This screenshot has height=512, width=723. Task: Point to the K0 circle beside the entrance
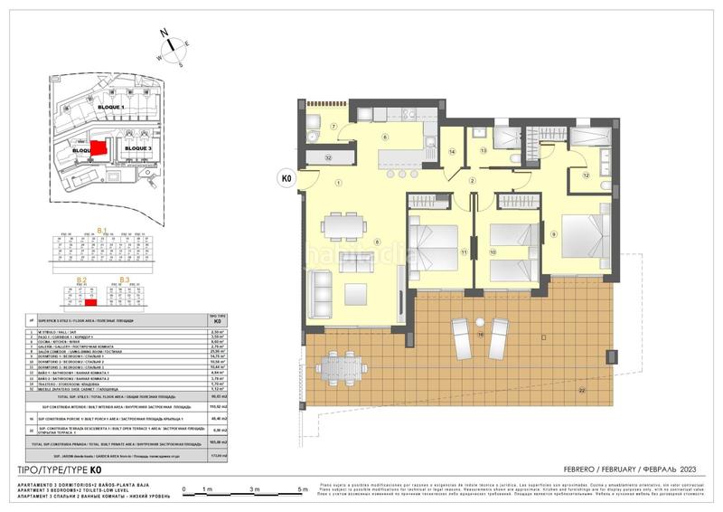pos(287,178)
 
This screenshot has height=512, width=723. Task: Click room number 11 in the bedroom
pos(463,251)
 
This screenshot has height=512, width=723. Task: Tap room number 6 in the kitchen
pos(384,137)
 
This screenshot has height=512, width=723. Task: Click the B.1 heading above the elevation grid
pos(101,230)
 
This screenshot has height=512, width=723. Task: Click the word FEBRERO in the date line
pos(570,469)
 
